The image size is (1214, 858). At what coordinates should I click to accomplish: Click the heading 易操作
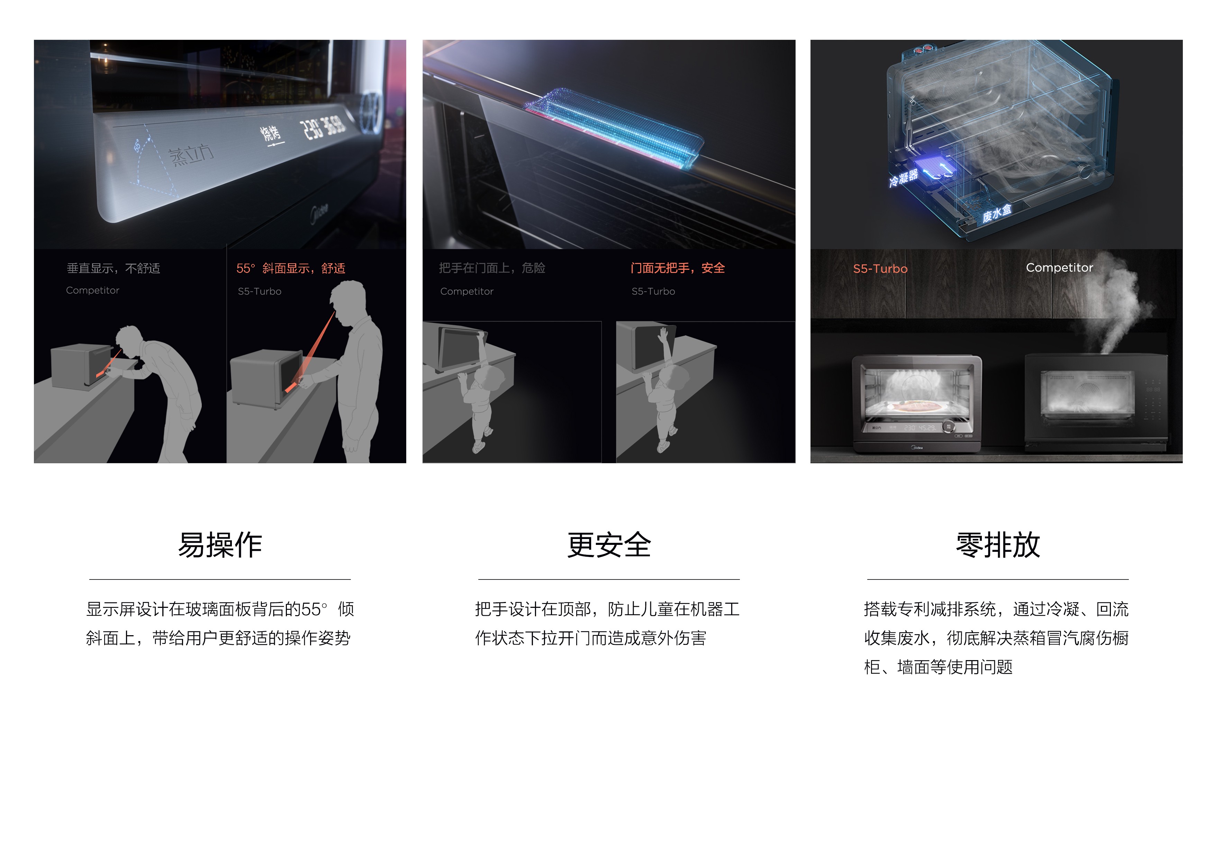click(x=220, y=545)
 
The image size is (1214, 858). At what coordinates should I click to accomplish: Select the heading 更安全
click(x=609, y=545)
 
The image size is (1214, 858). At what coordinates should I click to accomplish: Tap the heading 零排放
click(x=998, y=545)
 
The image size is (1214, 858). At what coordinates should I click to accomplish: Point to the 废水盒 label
click(x=996, y=213)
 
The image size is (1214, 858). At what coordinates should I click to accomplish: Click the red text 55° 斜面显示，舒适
click(x=291, y=268)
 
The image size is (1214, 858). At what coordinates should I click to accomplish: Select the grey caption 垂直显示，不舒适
click(x=113, y=268)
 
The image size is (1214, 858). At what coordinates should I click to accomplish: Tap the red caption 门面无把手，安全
click(x=677, y=268)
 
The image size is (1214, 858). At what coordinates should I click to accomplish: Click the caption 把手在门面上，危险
click(x=492, y=268)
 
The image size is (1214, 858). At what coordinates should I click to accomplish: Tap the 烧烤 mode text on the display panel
click(x=271, y=134)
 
